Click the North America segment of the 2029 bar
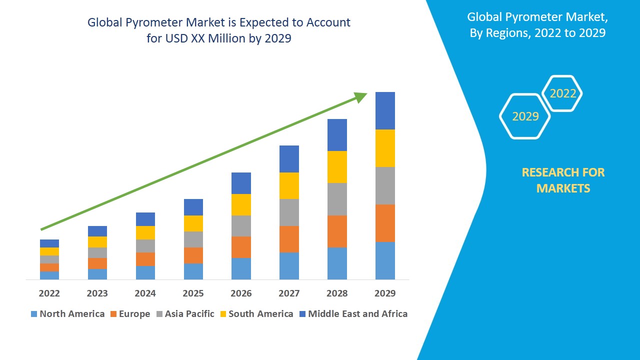pos(385,260)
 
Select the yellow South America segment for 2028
pos(337,167)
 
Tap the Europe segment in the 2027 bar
pos(289,239)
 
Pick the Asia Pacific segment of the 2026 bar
pos(241,226)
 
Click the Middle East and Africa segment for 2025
pos(193,207)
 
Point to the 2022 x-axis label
pos(49,293)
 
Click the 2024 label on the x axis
pos(145,293)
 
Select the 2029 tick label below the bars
pos(385,293)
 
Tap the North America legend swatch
pos(34,314)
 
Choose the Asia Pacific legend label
pos(189,314)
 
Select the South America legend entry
pos(260,314)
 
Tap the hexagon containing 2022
pos(562,93)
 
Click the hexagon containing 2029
pos(525,116)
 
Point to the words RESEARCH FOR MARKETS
pos(563,180)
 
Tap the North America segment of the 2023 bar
pos(97,274)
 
